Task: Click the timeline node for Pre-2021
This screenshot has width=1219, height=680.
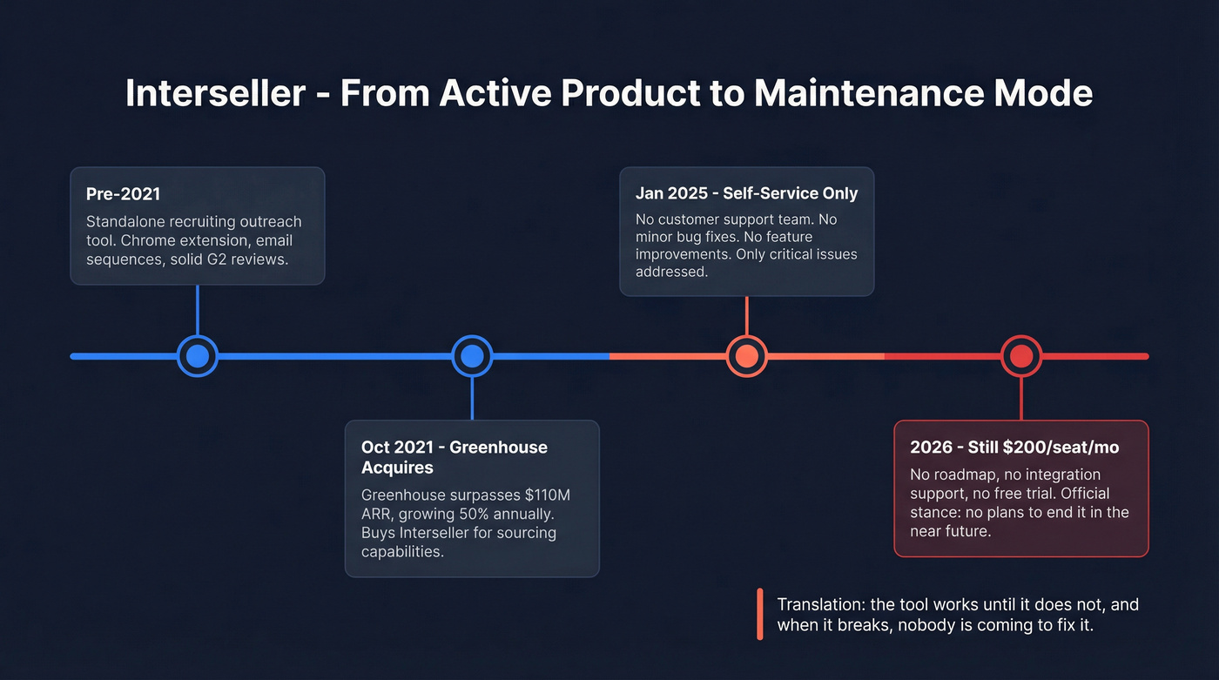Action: pyautogui.click(x=198, y=356)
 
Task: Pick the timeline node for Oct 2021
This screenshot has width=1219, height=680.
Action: pyautogui.click(x=472, y=356)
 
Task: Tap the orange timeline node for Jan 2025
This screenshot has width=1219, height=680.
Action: pyautogui.click(x=746, y=356)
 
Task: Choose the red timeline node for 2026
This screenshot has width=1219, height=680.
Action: pyautogui.click(x=1020, y=356)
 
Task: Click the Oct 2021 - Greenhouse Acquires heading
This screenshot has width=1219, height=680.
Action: pyautogui.click(x=454, y=457)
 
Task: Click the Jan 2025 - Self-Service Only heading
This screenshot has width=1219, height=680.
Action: pyautogui.click(x=746, y=193)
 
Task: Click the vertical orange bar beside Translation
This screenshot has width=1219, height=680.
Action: pyautogui.click(x=760, y=614)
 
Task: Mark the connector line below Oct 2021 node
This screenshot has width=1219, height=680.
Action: pyautogui.click(x=472, y=399)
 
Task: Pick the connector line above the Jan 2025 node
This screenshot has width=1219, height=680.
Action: pyautogui.click(x=746, y=315)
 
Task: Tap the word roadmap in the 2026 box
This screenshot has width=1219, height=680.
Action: pyautogui.click(x=963, y=475)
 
